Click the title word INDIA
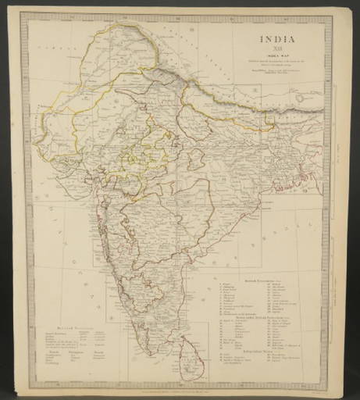click(280, 36)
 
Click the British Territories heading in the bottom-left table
click(66, 320)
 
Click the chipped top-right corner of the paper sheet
click(334, 9)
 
